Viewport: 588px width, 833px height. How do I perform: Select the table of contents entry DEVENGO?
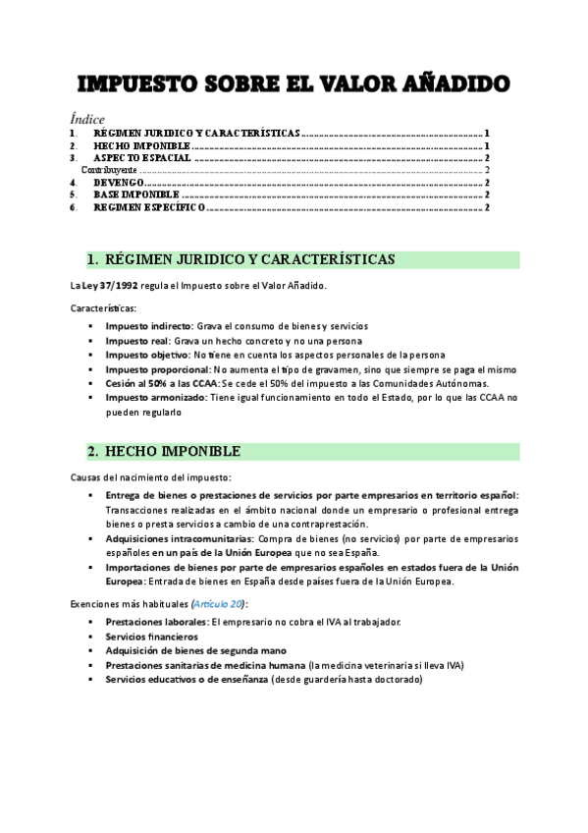tap(119, 183)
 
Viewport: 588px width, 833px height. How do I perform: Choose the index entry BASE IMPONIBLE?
tap(135, 195)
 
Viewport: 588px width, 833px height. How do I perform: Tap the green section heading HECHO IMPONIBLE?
tap(178, 452)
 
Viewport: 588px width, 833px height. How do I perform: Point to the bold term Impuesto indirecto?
tap(148, 324)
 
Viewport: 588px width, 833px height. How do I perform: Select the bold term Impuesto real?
tap(136, 339)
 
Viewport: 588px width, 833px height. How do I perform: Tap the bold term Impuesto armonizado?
tap(154, 398)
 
